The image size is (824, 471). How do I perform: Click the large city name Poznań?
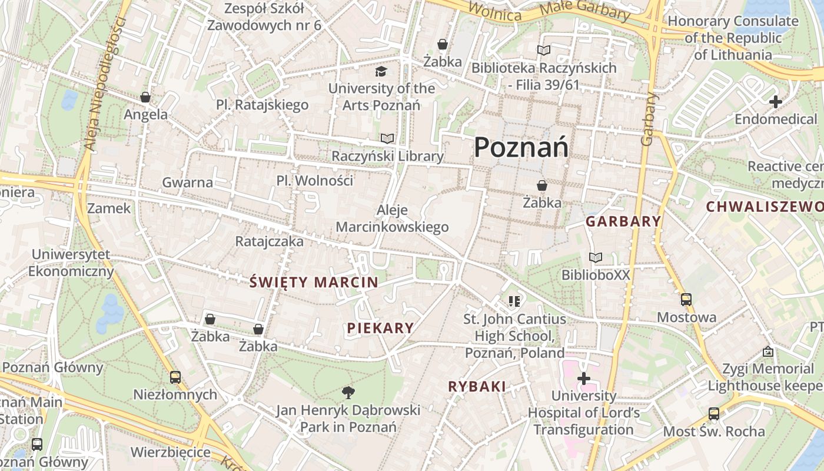coord(521,147)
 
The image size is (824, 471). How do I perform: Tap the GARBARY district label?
coord(623,221)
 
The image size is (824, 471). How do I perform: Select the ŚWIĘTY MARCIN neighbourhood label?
coord(314,282)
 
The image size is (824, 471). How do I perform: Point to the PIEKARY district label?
coord(380,328)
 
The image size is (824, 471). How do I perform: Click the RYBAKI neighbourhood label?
coord(477,386)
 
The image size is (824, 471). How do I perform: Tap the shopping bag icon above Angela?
coord(145,97)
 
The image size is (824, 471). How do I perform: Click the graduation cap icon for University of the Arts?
coord(381,72)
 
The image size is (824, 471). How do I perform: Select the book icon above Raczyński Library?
coord(387,139)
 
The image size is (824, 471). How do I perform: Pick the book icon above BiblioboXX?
coord(596,258)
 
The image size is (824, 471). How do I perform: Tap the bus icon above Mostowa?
coord(686,300)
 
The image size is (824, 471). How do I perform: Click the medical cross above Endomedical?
coord(776,102)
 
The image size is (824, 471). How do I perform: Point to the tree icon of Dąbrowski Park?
coord(348,393)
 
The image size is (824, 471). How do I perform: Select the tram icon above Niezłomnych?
coord(175,377)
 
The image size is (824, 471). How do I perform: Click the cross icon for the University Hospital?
coord(584,379)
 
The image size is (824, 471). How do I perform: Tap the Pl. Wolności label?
coord(315,180)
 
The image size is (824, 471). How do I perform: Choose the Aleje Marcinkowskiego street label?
coord(392,218)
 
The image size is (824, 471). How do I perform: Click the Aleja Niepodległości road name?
coord(105,82)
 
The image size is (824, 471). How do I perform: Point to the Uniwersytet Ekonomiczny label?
coord(71,263)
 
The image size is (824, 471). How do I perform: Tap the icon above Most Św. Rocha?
coord(714,414)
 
